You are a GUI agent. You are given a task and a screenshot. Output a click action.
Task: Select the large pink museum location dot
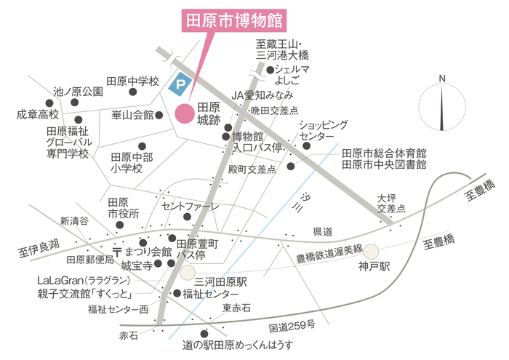[185, 113]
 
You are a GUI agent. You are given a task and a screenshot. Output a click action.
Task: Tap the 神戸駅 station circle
[372, 252]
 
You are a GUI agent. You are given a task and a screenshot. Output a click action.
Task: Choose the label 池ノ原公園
[79, 92]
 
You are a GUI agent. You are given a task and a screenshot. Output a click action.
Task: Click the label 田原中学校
[132, 81]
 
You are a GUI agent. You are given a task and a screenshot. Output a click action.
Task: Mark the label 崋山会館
[132, 115]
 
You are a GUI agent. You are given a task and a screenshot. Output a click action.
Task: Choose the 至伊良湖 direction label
[34, 249]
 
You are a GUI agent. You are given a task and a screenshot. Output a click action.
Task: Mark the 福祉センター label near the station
[210, 294]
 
